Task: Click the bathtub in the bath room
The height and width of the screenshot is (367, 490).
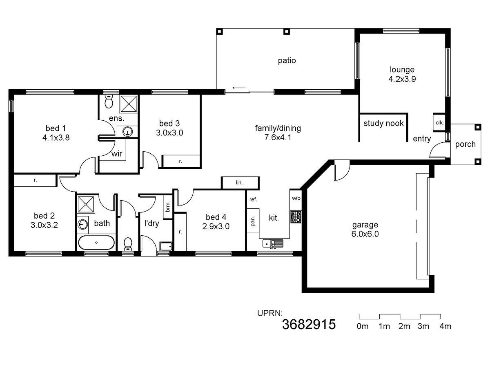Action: pos(96,243)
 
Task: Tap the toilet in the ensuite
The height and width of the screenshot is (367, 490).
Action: pos(109,102)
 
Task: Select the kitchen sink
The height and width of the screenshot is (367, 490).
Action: pos(273,243)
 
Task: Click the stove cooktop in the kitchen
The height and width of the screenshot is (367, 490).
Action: pos(296,217)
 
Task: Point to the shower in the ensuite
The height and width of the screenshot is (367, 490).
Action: pos(128,104)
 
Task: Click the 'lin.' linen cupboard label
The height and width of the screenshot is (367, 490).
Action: pos(239,183)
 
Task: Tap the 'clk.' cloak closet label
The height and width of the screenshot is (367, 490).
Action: pos(439,123)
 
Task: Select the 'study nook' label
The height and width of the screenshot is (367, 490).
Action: pos(383,123)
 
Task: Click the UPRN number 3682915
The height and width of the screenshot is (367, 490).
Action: pos(309,324)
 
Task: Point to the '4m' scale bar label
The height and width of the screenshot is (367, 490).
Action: pos(445,326)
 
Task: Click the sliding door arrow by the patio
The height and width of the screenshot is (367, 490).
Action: pos(239,88)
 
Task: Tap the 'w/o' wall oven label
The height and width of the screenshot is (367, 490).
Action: pos(296,198)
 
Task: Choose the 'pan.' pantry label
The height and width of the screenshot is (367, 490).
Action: pos(253,221)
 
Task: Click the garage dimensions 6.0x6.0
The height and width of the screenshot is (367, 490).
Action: pos(365,234)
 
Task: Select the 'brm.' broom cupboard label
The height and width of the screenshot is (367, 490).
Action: pos(168,207)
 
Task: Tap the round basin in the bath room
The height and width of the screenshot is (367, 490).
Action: pos(82,224)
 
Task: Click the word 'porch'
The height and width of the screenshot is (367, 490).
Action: pos(465,144)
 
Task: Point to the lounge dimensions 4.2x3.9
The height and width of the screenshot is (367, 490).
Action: pos(402,79)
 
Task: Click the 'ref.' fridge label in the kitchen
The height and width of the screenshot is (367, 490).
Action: pos(253,199)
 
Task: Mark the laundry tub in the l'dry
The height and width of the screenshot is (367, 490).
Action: pos(166,246)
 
